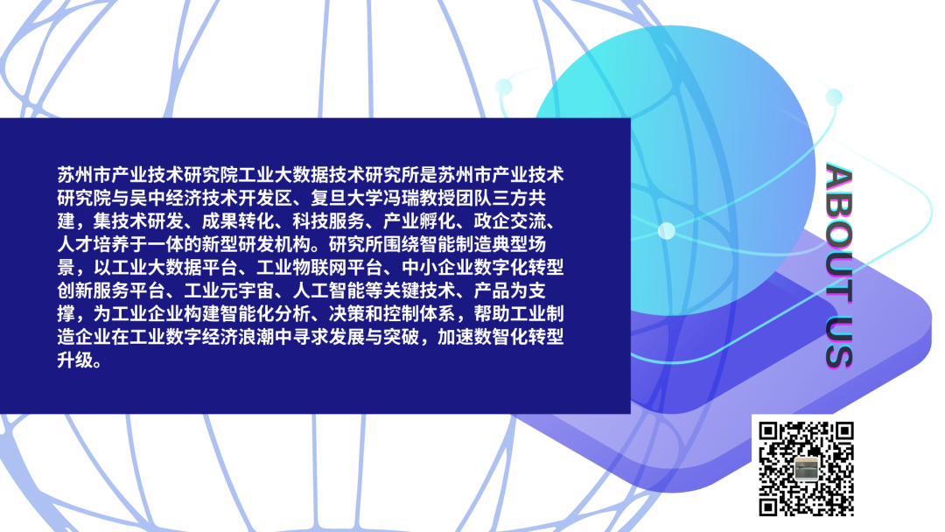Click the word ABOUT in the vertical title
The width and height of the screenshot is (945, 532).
coord(839,233)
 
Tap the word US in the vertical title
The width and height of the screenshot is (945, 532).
coord(839,341)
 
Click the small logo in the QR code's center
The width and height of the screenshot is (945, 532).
coord(806,468)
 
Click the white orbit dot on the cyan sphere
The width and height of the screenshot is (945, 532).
coord(667,231)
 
